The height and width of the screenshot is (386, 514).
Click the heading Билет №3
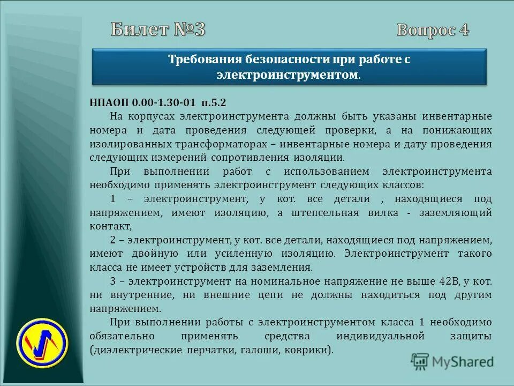[x=158, y=29]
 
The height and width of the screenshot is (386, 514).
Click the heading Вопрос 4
[x=433, y=30]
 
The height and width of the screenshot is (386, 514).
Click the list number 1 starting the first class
[x=113, y=199]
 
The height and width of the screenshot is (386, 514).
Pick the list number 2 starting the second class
[x=113, y=240]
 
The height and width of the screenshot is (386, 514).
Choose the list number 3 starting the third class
[x=113, y=281]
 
